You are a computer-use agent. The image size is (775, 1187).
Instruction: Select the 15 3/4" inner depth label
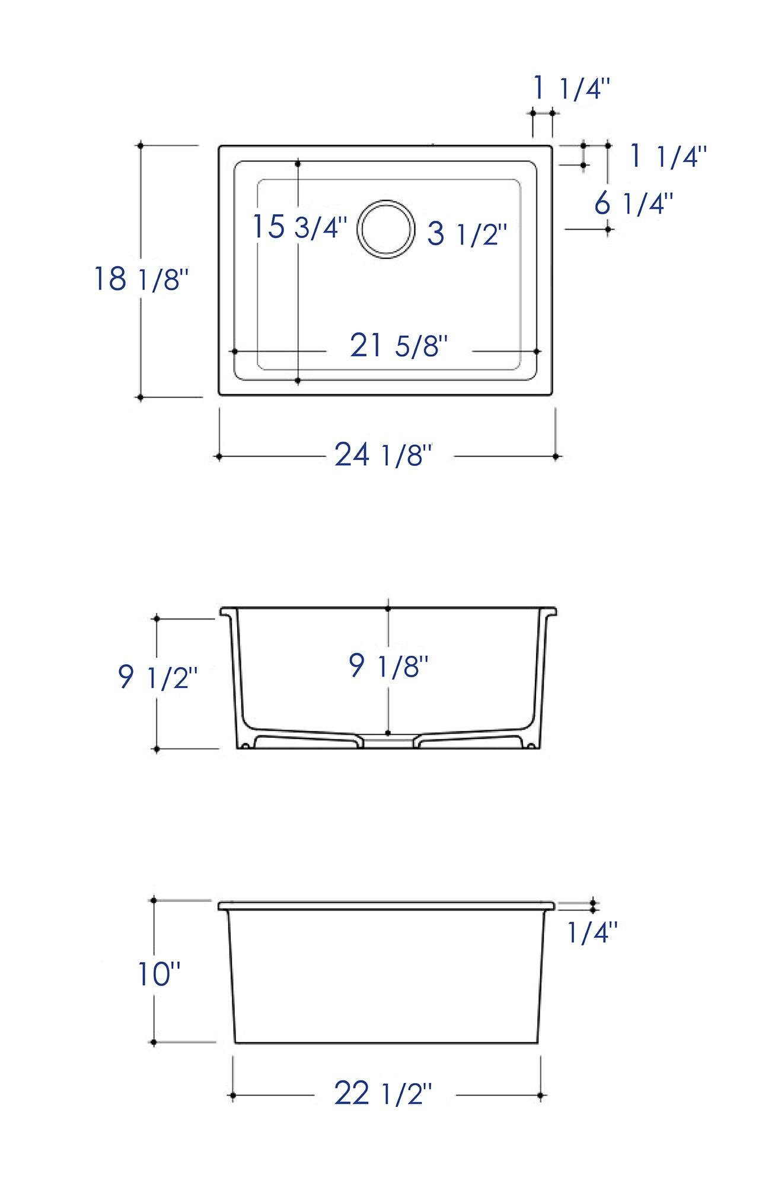(299, 227)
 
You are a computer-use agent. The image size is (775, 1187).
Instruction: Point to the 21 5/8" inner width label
(398, 346)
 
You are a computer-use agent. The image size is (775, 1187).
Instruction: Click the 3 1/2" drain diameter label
(467, 234)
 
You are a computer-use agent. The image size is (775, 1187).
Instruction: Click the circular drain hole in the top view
(386, 229)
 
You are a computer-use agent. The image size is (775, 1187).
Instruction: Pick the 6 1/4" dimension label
(634, 204)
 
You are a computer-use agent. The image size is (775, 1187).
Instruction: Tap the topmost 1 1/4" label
(572, 89)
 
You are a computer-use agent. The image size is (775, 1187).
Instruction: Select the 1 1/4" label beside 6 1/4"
(668, 156)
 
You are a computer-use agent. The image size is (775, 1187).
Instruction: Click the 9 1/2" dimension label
(157, 677)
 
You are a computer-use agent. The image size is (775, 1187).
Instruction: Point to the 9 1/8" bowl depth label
(388, 666)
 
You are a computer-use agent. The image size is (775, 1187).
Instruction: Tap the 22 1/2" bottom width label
(382, 1093)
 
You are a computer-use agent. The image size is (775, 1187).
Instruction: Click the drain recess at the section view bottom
(387, 742)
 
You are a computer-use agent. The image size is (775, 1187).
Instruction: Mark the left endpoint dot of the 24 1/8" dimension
(219, 456)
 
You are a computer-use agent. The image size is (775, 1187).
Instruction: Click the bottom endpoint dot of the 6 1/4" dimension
(608, 228)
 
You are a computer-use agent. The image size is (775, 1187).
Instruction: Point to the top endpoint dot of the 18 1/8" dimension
(141, 145)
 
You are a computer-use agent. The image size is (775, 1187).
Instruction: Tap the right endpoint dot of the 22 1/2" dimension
(540, 1095)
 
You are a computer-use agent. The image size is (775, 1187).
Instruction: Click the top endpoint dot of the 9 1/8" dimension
(388, 609)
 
